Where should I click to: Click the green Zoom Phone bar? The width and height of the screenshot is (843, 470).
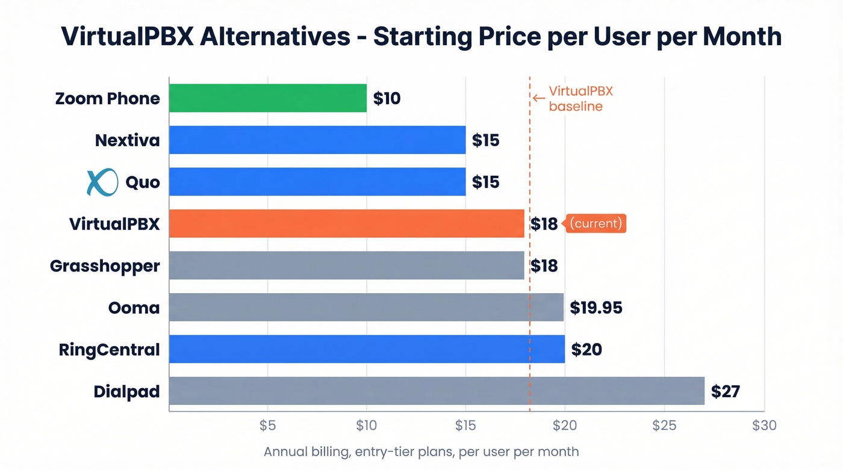click(268, 98)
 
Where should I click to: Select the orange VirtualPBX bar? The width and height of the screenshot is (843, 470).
click(346, 223)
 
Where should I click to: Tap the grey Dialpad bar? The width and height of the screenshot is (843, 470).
click(437, 391)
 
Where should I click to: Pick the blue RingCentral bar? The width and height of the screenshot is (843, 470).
click(367, 349)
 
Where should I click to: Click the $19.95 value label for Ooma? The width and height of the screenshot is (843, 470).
click(596, 308)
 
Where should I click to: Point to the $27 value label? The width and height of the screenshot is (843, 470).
click(725, 391)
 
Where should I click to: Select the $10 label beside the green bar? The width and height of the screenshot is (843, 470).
click(387, 98)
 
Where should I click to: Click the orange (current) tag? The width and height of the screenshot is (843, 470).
click(595, 223)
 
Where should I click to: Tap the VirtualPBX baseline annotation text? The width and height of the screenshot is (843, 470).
click(580, 99)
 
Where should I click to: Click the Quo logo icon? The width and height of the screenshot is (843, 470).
click(102, 182)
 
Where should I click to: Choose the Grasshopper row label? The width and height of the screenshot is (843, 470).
click(105, 265)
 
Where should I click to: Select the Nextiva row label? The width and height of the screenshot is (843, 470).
click(127, 140)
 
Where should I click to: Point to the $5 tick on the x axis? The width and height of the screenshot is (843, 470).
click(267, 425)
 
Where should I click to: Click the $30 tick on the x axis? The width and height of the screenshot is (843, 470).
click(764, 425)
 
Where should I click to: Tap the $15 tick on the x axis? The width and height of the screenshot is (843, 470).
click(465, 425)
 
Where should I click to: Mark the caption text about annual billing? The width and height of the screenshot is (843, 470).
click(421, 451)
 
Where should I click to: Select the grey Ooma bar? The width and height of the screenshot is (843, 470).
click(366, 308)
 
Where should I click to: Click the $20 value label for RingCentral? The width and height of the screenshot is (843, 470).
click(586, 349)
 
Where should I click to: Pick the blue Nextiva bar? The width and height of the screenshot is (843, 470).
click(317, 140)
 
